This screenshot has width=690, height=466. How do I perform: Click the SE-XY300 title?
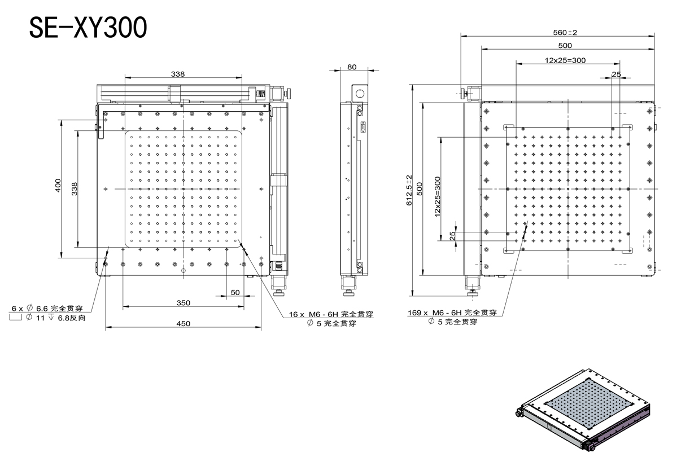click(88, 28)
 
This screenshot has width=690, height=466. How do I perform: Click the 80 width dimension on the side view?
click(352, 67)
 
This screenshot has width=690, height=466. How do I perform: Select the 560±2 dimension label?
click(565, 32)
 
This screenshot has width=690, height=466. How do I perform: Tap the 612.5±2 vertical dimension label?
click(409, 190)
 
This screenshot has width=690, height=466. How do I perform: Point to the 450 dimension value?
click(184, 323)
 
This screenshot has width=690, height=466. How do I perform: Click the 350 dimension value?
click(184, 303)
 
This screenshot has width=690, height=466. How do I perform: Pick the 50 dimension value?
click(235, 292)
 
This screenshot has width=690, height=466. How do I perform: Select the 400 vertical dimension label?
click(58, 186)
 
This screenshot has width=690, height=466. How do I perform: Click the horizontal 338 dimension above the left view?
click(178, 74)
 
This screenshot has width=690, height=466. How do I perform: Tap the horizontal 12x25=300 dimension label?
click(565, 60)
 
